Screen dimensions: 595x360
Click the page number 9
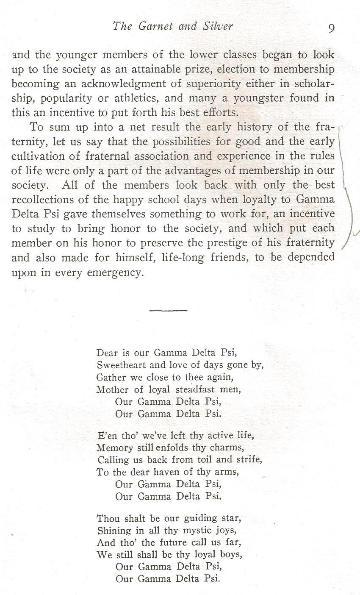click(331, 28)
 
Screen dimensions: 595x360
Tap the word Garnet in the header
click(153, 26)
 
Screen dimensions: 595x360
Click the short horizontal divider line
click(168, 311)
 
